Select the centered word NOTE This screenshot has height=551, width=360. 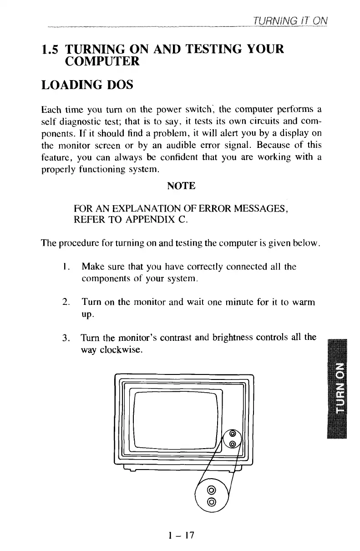point(182,186)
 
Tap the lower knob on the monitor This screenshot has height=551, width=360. point(233,444)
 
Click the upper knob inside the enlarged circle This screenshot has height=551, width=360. point(211,490)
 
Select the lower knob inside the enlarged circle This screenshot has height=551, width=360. point(211,502)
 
